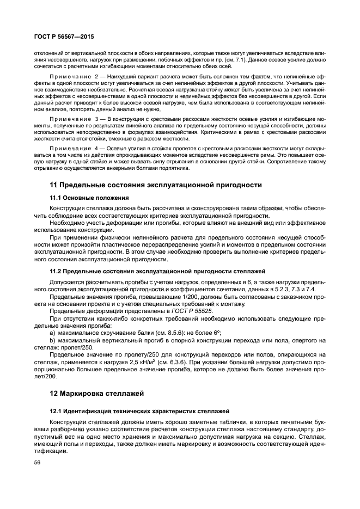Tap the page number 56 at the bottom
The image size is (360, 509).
tap(38, 462)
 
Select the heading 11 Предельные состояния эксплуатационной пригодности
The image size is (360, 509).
tap(156, 185)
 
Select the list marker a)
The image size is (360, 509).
tap(53, 333)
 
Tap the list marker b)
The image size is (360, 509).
tap(53, 340)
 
